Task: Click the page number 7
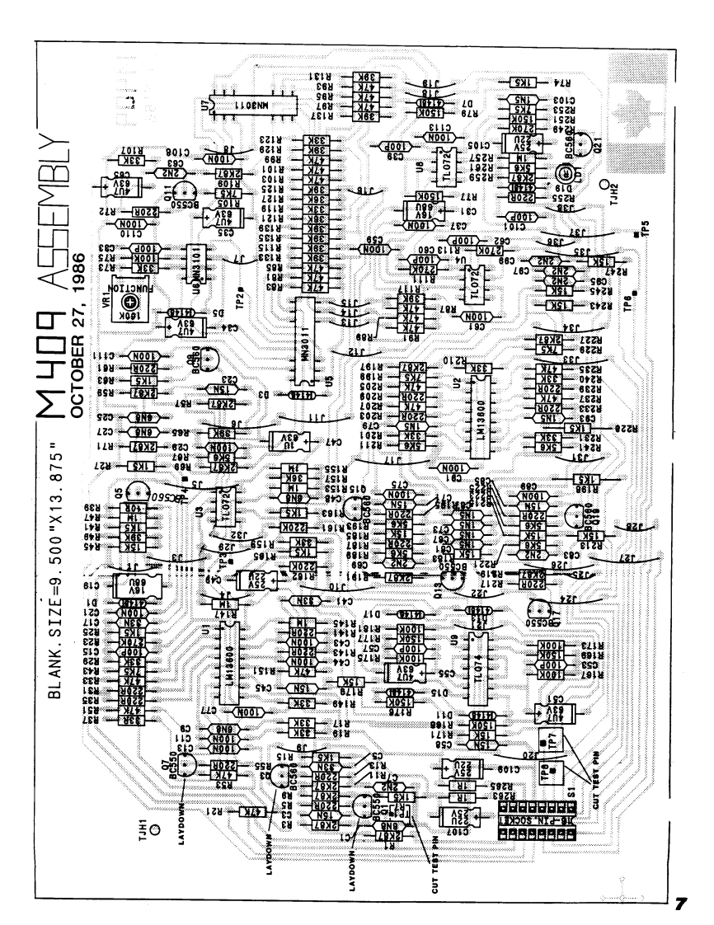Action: coord(680,902)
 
